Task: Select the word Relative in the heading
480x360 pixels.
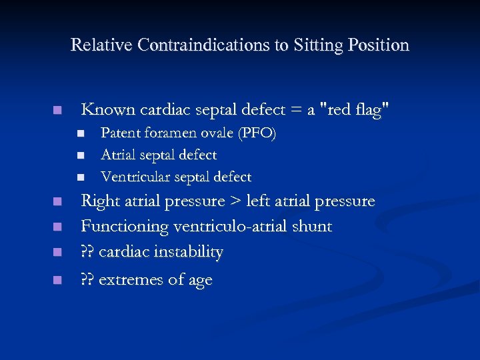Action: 101,45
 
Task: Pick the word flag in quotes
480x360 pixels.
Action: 371,109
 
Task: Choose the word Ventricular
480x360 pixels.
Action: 133,177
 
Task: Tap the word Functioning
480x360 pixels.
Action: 125,227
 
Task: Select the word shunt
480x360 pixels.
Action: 313,227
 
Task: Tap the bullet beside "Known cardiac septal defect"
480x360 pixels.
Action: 58,110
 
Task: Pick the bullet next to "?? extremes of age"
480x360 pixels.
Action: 58,280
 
